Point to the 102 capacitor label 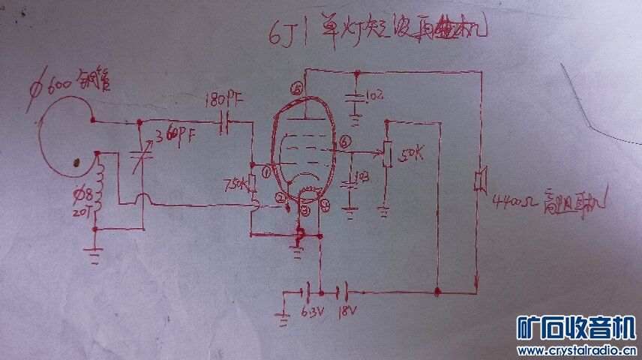(373, 96)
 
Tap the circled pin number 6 (344, 140)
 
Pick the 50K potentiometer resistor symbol (386, 154)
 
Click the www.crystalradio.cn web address (577, 350)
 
